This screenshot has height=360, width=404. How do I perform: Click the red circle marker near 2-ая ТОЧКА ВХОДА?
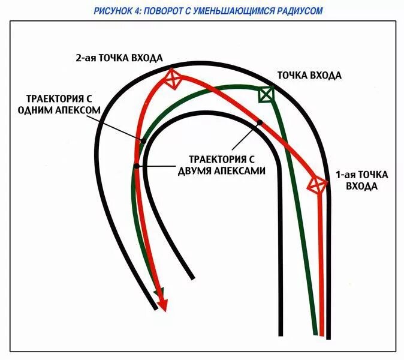(x=173, y=79)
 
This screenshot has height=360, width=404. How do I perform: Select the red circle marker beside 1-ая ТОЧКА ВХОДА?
(x=316, y=185)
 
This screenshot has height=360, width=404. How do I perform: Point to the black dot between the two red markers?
(x=260, y=123)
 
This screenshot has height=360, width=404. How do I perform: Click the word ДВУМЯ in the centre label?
(x=198, y=170)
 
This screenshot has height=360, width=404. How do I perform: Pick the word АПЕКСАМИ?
(x=243, y=170)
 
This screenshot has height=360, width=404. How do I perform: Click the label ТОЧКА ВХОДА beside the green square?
(x=308, y=76)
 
